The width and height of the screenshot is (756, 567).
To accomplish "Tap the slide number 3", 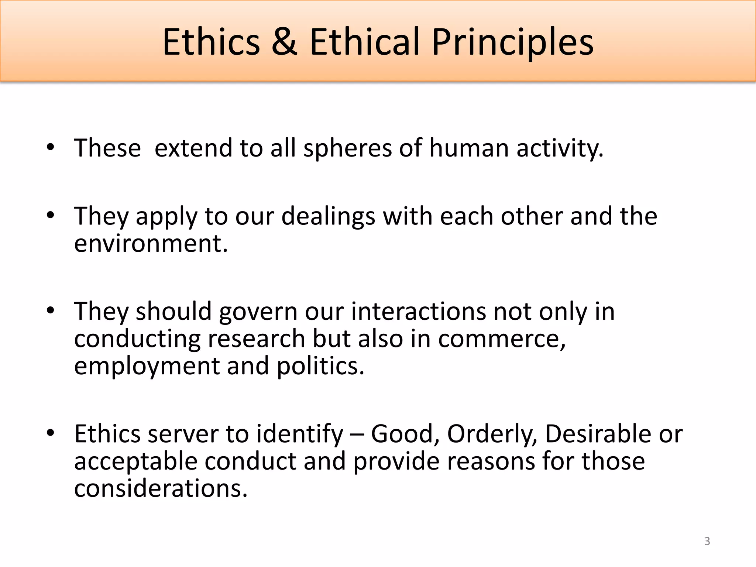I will coord(707,541).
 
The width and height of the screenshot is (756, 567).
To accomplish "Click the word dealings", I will coord(328,217).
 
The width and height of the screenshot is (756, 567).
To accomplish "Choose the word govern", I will coord(258,312).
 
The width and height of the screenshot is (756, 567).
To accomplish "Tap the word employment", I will coord(147,367).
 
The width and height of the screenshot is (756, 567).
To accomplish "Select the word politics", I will coord(320,367).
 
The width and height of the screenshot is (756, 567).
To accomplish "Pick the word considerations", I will coord(161,489).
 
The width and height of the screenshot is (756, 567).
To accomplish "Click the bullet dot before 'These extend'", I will coord(51,148).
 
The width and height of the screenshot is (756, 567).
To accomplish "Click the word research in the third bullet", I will coord(256,339).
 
